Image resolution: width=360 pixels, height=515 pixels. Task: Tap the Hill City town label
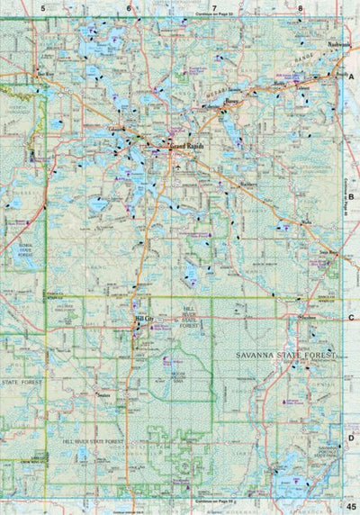point(144,318)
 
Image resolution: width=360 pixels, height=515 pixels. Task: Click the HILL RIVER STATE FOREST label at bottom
point(93,442)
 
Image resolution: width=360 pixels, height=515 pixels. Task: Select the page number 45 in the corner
point(350,506)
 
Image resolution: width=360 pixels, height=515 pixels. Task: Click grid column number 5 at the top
point(42,8)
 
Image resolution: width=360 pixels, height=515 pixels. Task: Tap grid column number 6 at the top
point(129,8)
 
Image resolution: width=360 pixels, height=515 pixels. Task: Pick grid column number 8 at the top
point(300,8)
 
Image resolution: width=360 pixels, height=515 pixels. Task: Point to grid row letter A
point(350,78)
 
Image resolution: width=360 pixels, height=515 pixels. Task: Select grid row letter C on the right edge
point(350,317)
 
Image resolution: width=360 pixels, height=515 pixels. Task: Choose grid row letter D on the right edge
point(350,438)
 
